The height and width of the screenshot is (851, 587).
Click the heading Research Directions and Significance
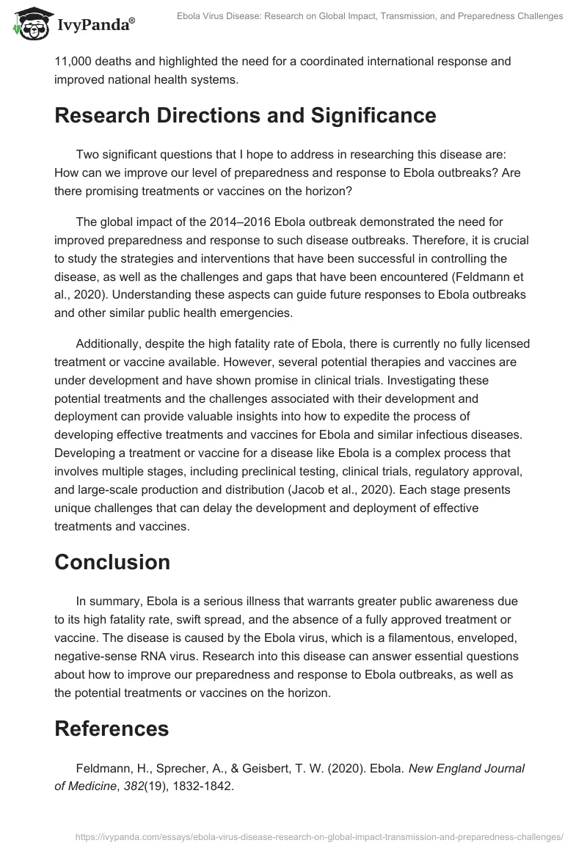[245, 116]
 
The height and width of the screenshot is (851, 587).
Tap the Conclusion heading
[112, 562]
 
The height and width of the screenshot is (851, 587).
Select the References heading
[112, 728]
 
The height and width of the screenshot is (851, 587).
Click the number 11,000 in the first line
[73, 61]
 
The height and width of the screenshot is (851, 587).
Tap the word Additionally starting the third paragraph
[109, 344]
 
